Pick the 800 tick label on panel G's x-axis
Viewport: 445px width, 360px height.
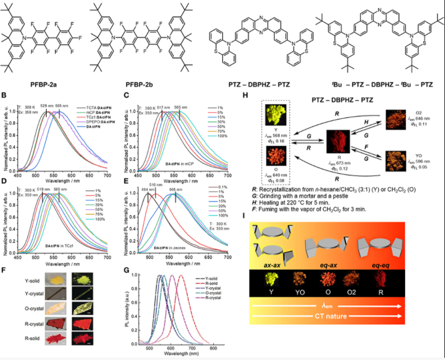pyautogui.click(x=212, y=347)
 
